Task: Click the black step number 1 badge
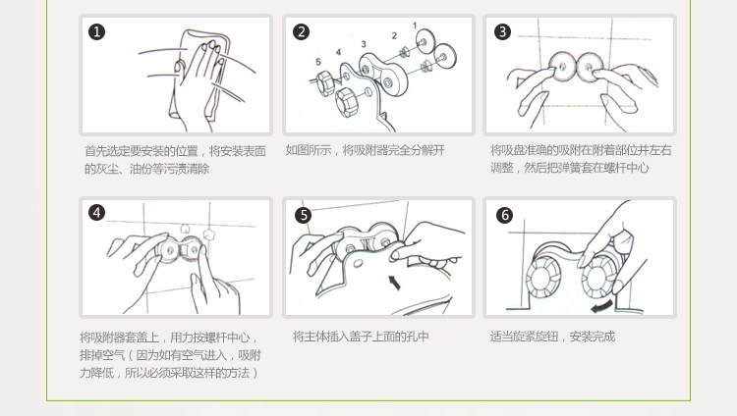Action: coord(97,32)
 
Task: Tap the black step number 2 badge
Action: coord(302,32)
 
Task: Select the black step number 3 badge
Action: coord(502,32)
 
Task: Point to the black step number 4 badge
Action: coord(97,213)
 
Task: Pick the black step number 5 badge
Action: coord(304,215)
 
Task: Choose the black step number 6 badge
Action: coord(505,215)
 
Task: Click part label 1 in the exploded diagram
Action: coord(415,26)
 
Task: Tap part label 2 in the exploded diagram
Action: coord(394,35)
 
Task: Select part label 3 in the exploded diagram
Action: coord(364,44)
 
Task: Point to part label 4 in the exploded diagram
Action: coord(338,52)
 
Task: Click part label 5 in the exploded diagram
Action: coord(318,62)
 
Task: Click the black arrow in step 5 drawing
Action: coord(394,283)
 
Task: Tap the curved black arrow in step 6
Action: coord(601,306)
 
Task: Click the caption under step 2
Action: coord(366,150)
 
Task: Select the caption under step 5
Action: coord(361,337)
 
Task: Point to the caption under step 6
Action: coord(552,337)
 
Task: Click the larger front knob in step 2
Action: coord(348,102)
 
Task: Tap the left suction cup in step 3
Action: coord(562,67)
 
